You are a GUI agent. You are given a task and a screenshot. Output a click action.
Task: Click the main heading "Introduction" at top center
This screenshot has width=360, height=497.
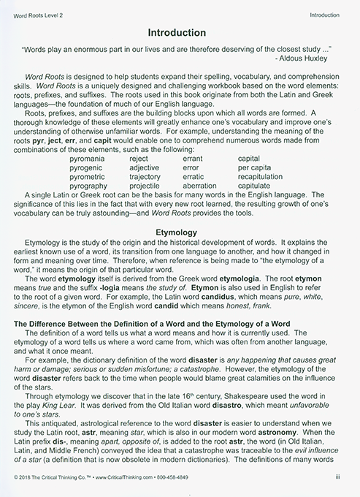click(x=180, y=33)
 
